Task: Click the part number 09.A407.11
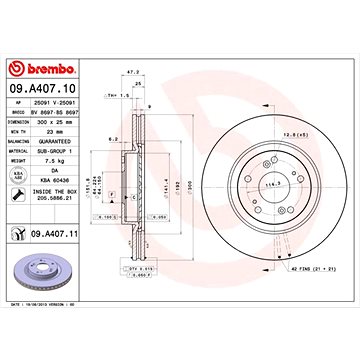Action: pos(50,235)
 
